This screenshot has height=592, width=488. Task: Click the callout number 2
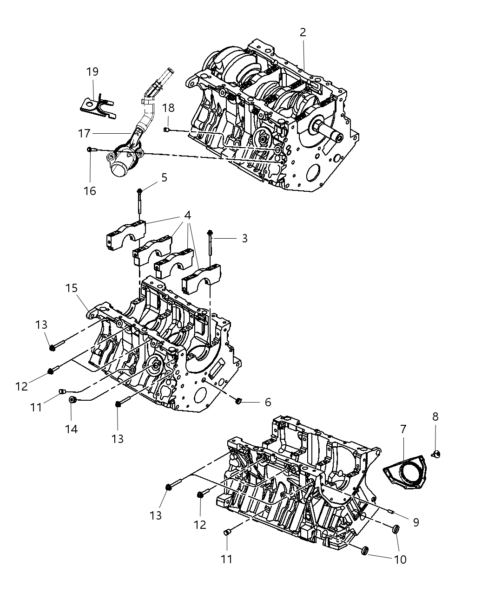(303, 33)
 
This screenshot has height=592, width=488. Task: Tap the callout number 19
(92, 72)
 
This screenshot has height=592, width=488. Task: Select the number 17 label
(84, 134)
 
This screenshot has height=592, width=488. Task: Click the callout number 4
(187, 216)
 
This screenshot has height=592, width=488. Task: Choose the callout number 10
(400, 559)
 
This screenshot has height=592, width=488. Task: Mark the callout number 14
(71, 429)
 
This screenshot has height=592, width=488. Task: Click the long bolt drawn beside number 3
(211, 244)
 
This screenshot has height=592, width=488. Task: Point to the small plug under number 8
(436, 454)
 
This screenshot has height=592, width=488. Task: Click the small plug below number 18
(166, 130)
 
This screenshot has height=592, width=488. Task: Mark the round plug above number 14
(73, 400)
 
